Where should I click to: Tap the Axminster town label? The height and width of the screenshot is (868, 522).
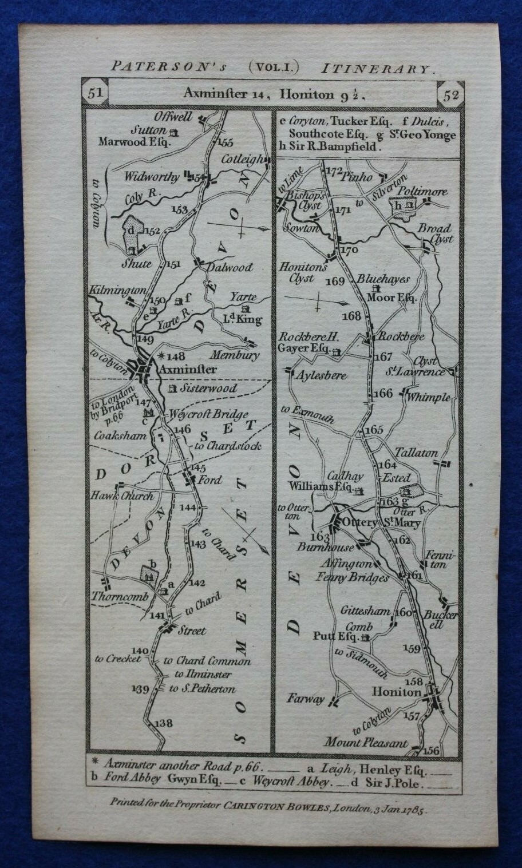pos(188,370)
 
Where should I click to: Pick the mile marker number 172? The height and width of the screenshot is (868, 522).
pos(333,171)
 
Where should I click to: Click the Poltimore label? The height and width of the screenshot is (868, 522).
pos(423,191)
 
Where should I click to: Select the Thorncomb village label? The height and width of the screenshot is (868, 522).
pos(120,596)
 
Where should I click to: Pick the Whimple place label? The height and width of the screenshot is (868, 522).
pos(430,397)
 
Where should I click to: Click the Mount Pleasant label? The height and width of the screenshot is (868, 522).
pos(366,743)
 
